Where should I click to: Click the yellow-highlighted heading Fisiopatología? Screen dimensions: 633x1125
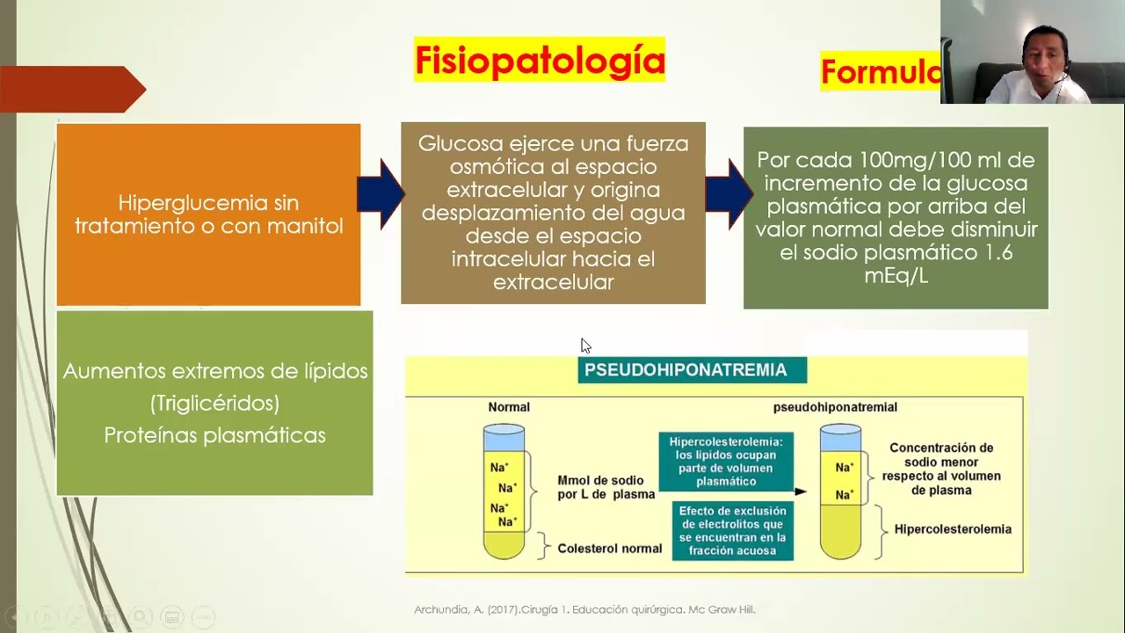(540, 60)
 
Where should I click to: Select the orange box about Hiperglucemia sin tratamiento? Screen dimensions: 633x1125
(208, 215)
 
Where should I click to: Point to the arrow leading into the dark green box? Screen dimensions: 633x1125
(729, 194)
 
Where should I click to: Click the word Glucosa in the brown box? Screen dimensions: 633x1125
(454, 143)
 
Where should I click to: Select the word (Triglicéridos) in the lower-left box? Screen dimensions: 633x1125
(214, 404)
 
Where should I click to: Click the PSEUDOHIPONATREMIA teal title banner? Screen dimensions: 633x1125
(692, 370)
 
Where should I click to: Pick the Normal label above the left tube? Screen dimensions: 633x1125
(509, 408)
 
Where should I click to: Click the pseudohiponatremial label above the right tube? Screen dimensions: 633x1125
(835, 408)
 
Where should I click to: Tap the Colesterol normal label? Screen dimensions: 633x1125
(610, 549)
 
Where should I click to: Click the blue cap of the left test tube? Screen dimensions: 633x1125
(504, 436)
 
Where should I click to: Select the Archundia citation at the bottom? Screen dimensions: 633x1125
(584, 609)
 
